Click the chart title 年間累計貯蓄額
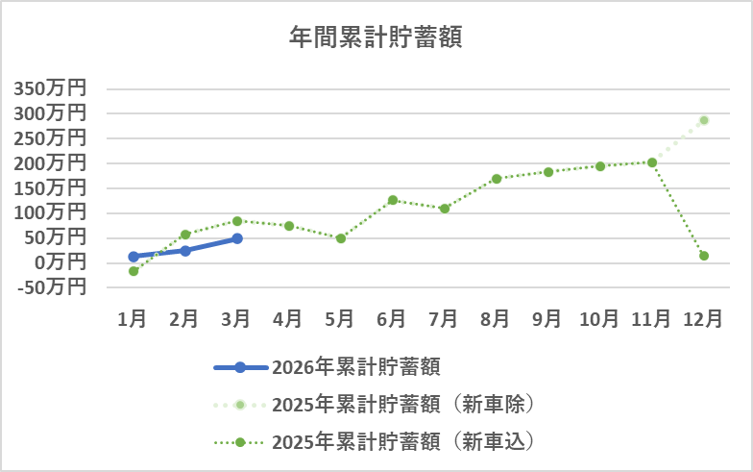point(376,37)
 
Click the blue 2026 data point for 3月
point(237,238)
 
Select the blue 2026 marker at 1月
point(134,257)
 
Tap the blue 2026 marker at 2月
point(185,251)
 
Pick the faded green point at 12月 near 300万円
point(704,120)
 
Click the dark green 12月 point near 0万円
point(704,256)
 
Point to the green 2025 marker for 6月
point(393,200)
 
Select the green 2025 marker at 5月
point(341,238)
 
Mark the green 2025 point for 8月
point(497,179)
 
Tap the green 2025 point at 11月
point(652,162)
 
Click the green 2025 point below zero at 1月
point(134,271)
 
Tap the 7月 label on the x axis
point(444,319)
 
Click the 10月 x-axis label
point(599,319)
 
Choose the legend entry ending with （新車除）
point(402,404)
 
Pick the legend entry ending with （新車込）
point(402,442)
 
